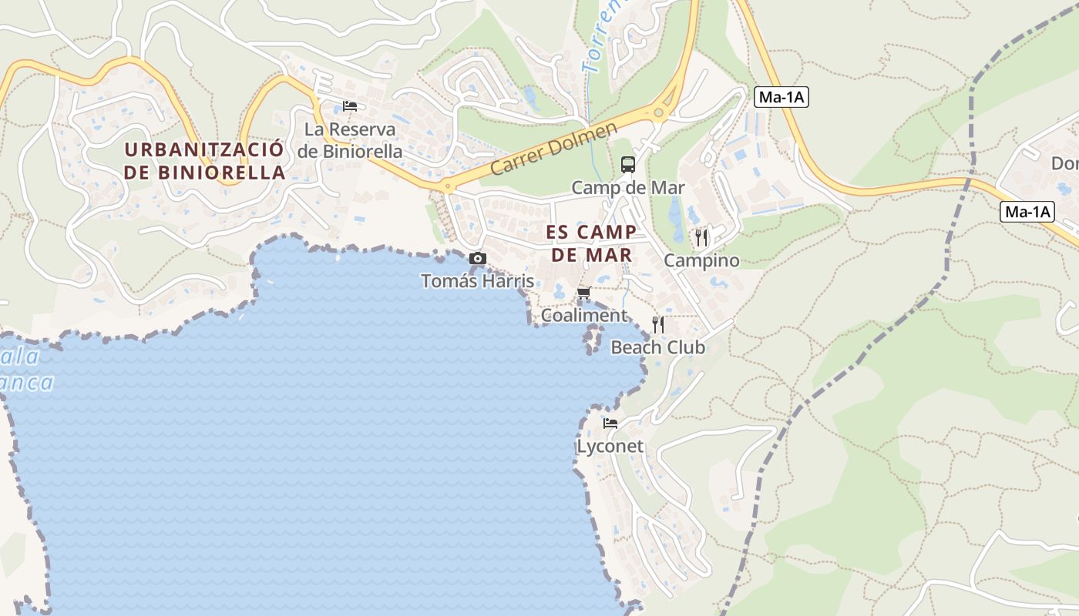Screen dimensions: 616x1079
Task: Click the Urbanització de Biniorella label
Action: (204, 161)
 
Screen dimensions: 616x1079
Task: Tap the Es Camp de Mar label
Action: (591, 243)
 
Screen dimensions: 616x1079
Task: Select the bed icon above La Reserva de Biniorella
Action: (350, 106)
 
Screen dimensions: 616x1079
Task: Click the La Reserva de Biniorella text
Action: (350, 140)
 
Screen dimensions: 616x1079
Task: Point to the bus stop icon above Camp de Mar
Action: (628, 164)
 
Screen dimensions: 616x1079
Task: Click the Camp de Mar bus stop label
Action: (627, 188)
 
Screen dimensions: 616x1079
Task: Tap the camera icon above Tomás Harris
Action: (478, 259)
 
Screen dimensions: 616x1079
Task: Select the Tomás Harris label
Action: (477, 281)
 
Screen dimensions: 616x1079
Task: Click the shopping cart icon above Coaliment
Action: (583, 293)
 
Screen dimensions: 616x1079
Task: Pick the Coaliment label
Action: (583, 316)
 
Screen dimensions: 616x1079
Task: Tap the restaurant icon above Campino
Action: (701, 237)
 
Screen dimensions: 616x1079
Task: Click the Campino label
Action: (701, 260)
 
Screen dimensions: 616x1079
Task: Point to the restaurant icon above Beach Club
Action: (658, 324)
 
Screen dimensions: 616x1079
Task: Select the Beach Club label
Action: (657, 347)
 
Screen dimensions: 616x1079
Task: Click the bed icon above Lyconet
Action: (610, 423)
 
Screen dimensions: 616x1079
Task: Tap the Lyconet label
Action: (610, 447)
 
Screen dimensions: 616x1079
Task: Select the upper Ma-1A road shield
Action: (781, 97)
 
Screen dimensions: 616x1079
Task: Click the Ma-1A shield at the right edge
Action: (1027, 213)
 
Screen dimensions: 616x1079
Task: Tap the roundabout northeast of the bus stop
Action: (658, 113)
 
